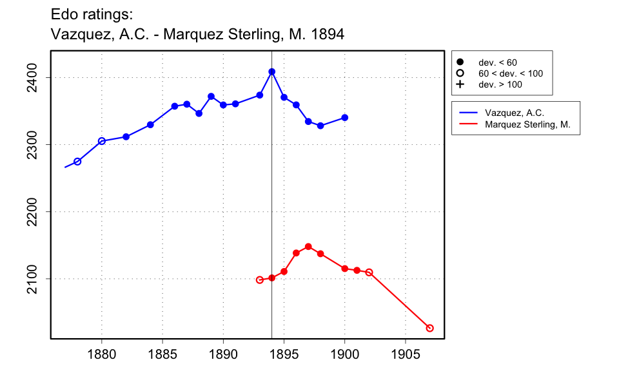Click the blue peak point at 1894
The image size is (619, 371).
click(272, 71)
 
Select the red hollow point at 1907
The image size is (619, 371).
click(430, 328)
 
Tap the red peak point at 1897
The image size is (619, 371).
click(308, 247)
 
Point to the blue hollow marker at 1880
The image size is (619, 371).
click(102, 141)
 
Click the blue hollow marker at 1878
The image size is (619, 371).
click(77, 162)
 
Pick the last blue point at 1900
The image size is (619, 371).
click(345, 117)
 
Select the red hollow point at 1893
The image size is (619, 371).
click(260, 280)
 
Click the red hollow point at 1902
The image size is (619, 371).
click(369, 272)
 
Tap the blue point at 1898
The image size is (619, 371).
click(320, 126)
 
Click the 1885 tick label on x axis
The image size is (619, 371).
click(162, 354)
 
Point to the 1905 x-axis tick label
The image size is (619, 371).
click(406, 354)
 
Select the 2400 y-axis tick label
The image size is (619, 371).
click(34, 78)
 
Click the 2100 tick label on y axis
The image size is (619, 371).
click(34, 279)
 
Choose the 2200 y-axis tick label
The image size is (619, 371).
click(34, 212)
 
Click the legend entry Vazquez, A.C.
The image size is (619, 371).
click(515, 113)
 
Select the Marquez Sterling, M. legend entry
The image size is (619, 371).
click(527, 124)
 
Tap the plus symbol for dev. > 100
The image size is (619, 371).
click(460, 84)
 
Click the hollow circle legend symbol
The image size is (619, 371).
click(460, 73)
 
